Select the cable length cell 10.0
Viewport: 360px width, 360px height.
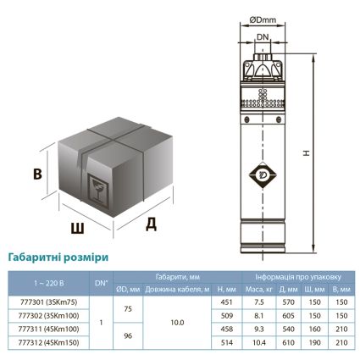178,321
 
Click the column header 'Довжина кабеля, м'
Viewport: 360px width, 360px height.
178,287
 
